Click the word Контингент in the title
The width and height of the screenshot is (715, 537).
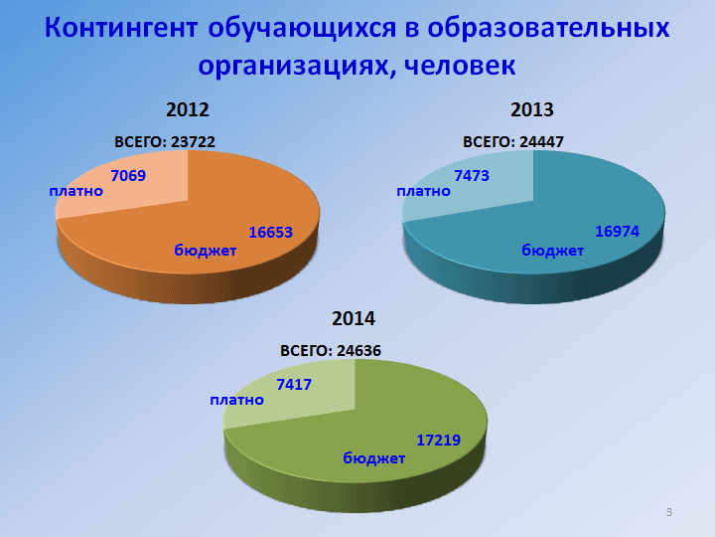(x=121, y=28)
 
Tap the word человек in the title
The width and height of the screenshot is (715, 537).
(x=460, y=65)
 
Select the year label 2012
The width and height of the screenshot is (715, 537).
(x=188, y=109)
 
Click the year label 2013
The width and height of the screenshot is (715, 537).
(x=531, y=109)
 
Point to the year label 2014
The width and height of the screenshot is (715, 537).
(x=354, y=319)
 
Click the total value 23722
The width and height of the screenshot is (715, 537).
(x=193, y=142)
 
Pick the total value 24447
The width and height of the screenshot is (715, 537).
(x=541, y=142)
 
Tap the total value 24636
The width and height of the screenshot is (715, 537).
(x=358, y=351)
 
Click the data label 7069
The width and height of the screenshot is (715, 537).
(x=128, y=175)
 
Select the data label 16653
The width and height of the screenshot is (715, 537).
(x=270, y=233)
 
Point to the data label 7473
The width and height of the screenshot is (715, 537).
(x=472, y=175)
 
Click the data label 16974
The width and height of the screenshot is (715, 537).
(x=617, y=232)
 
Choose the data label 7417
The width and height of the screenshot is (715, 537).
(x=294, y=385)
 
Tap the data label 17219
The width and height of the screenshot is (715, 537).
(x=438, y=441)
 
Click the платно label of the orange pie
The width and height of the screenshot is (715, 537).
(x=76, y=191)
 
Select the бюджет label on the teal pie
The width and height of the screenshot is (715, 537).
(x=553, y=251)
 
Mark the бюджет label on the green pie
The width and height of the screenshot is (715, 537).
(x=374, y=458)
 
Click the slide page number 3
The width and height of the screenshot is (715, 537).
(x=669, y=512)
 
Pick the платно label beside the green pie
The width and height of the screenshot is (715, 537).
(x=236, y=401)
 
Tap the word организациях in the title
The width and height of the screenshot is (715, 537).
(x=294, y=67)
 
